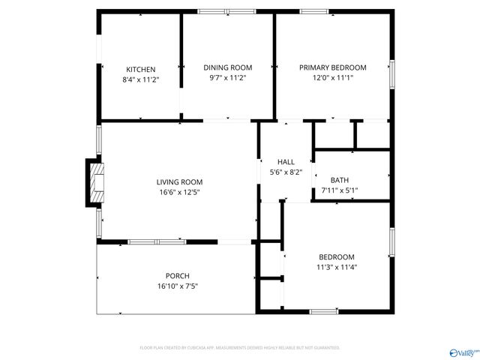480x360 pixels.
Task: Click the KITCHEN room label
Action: pos(141,70)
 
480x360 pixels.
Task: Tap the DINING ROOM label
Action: pos(228,67)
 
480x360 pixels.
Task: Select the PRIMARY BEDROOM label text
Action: pos(332,67)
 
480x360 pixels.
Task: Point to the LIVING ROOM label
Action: pos(179,182)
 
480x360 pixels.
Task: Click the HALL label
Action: pos(286,162)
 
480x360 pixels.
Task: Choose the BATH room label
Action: pos(340,180)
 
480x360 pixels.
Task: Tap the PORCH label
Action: pos(178,276)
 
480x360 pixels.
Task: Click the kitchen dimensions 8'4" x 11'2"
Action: pos(141,79)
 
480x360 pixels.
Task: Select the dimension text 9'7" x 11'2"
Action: pos(228,77)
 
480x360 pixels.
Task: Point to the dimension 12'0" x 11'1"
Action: pos(332,77)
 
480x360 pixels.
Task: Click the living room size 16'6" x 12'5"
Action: pos(179,192)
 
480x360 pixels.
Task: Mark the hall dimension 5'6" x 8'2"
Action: pos(286,172)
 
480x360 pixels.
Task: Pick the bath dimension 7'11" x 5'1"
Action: pos(340,190)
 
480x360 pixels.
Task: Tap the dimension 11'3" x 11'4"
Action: pos(336,267)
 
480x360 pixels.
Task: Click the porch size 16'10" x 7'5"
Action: pos(178,286)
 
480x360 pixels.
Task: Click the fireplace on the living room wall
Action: pos(94,181)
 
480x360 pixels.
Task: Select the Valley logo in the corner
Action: pos(463,351)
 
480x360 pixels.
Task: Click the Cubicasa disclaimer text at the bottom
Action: pos(240,348)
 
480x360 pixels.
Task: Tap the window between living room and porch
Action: pos(157,241)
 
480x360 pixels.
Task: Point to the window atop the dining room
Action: pos(226,11)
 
